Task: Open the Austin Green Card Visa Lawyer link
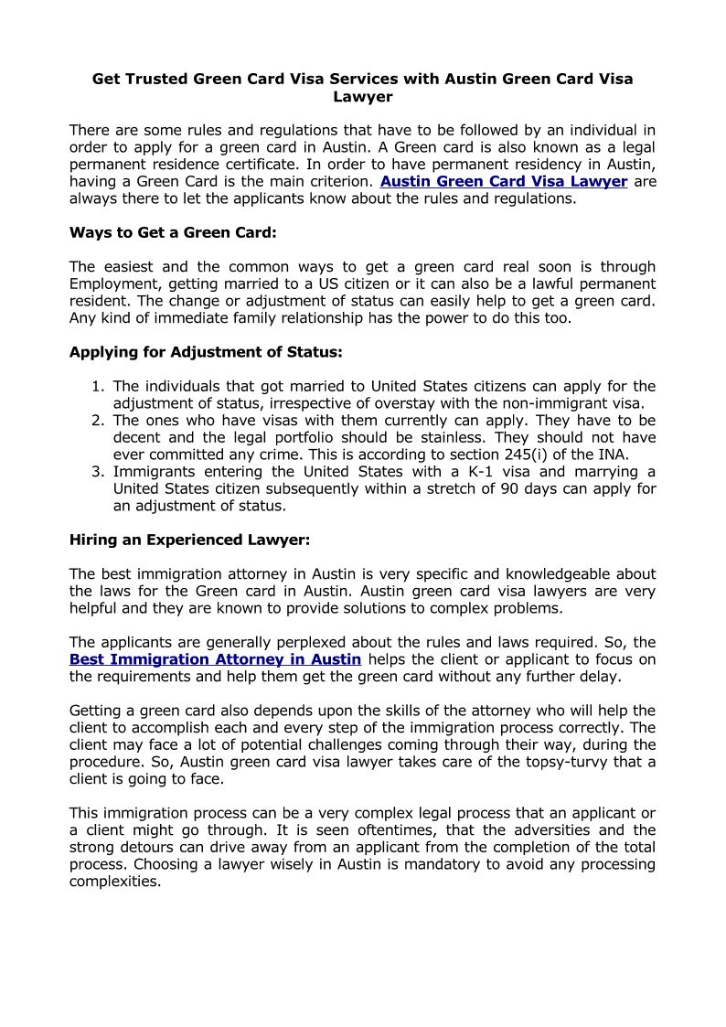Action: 504,181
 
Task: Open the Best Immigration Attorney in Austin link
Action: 215,659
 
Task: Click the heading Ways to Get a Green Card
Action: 173,232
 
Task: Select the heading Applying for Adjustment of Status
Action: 206,351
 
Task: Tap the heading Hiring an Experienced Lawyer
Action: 190,540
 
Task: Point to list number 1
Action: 98,386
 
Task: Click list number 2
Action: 98,421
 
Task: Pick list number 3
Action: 98,472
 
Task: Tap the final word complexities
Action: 115,882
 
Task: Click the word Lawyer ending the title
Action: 363,96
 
